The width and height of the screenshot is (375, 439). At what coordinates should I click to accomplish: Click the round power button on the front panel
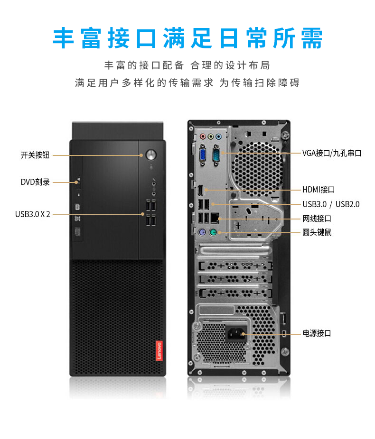[151, 155]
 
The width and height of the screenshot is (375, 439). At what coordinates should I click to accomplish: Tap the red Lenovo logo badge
[159, 351]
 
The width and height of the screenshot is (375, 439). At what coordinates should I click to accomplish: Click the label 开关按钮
[35, 155]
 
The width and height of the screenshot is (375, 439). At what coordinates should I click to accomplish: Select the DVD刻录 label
[35, 182]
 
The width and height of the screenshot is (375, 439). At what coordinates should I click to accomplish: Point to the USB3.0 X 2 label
[33, 214]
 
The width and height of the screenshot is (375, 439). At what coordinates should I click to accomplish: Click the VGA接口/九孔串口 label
[332, 153]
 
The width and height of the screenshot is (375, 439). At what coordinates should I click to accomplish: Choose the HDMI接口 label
[319, 190]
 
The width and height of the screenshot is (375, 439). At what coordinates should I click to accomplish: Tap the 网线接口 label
[317, 219]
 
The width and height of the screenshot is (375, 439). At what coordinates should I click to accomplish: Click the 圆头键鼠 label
[317, 232]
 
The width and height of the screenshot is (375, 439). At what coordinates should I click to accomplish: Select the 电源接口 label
[317, 333]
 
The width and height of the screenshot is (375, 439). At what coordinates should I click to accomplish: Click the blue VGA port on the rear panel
[203, 155]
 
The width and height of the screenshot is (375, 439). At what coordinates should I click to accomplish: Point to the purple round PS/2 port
[202, 232]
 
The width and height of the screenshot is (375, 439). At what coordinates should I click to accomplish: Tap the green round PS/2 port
[213, 232]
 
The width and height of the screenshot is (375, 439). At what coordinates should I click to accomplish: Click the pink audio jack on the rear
[203, 137]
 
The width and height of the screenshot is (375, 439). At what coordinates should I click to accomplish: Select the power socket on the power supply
[236, 333]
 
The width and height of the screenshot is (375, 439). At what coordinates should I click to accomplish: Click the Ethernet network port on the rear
[215, 218]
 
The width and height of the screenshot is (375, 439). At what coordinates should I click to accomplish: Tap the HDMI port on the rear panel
[201, 191]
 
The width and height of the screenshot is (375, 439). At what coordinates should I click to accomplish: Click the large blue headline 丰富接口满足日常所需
[187, 38]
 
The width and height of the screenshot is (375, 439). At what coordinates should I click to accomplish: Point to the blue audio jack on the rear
[218, 137]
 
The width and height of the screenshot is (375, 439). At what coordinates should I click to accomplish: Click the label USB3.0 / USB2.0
[331, 204]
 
